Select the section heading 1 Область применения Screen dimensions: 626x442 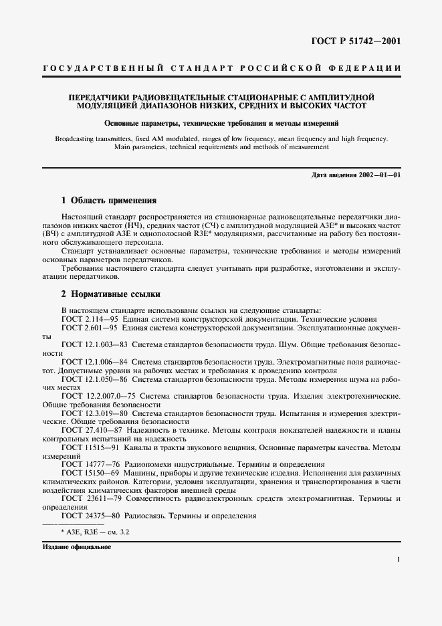(x=109, y=200)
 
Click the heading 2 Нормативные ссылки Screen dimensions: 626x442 (x=111, y=294)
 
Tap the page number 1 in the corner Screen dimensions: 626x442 (x=398, y=560)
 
